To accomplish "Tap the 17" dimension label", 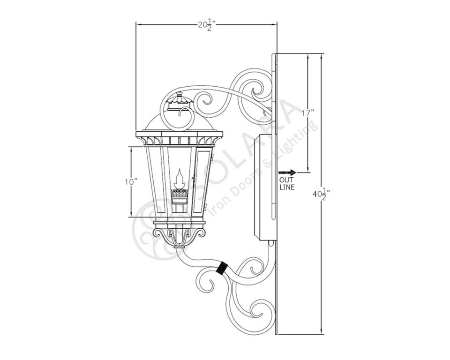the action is coord(307,112).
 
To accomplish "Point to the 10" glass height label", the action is coord(131,182).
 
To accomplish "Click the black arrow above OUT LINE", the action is coord(287,172).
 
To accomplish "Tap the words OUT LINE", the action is coord(287,184).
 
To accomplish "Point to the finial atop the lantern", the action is coord(180,98).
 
